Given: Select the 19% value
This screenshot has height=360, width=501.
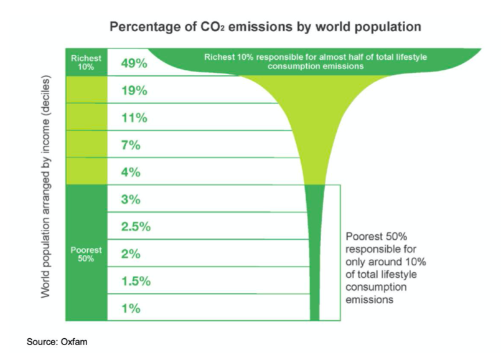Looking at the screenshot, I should click(x=134, y=90).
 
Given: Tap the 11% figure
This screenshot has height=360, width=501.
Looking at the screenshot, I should click(x=134, y=118).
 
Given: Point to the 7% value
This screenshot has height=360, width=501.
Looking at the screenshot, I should click(x=131, y=145).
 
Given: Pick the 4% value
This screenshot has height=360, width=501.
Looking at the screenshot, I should click(x=131, y=173).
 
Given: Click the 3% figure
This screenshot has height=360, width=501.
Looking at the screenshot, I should click(x=131, y=199).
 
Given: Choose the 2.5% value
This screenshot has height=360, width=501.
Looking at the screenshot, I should click(x=136, y=227).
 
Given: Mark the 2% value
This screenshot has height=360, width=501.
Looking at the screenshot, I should click(x=131, y=254).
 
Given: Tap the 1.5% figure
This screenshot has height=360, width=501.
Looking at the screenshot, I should click(x=136, y=281).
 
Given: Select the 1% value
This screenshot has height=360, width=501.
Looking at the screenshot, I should click(x=131, y=308).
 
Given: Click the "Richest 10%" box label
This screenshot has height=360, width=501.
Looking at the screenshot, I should click(x=86, y=62).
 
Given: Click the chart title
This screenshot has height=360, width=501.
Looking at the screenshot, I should click(x=266, y=27).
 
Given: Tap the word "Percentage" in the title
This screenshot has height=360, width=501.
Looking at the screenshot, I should click(x=144, y=27).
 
